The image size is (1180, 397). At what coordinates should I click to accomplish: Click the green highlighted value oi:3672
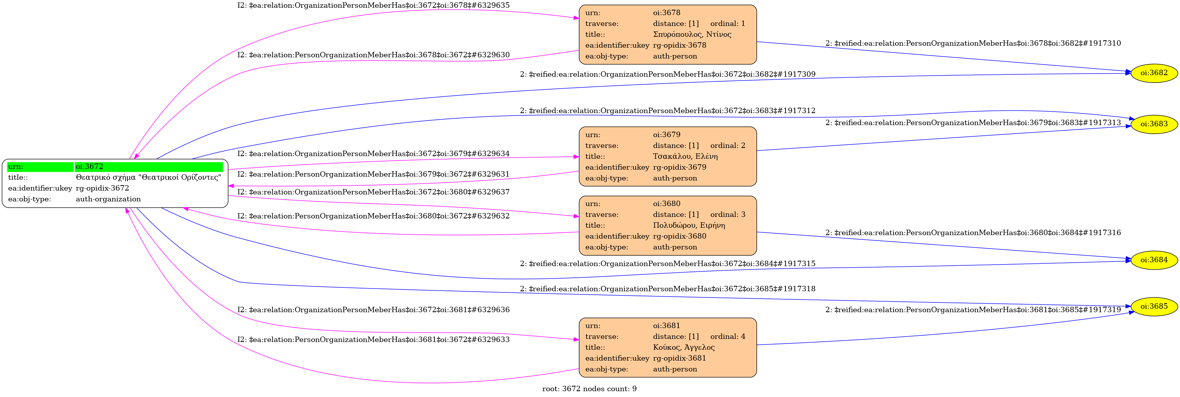[x=89, y=167]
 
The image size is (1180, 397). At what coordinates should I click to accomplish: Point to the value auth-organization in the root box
[x=108, y=199]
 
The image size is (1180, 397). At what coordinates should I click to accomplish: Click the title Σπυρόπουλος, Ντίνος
[x=692, y=34]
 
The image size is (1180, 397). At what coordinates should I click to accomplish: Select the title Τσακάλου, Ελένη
[x=685, y=156]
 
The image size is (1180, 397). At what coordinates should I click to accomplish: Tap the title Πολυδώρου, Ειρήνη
[x=689, y=225]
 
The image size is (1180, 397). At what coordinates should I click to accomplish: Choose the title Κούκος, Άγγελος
[x=683, y=347]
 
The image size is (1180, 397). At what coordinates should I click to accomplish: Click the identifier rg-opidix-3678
[x=679, y=45]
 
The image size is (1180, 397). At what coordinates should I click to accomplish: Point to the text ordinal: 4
[x=727, y=337]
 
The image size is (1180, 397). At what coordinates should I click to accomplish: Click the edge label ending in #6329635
[x=373, y=5]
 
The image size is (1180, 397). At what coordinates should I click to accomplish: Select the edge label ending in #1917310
[x=973, y=43]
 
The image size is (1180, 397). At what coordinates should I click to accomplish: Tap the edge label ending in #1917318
[x=667, y=289]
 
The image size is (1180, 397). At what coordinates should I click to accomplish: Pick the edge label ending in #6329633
[x=373, y=340]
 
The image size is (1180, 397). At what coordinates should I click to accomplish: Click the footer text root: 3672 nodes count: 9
[x=589, y=389]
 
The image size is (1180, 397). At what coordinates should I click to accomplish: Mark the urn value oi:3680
[x=667, y=204]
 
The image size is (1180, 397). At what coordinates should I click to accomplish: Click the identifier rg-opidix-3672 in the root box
[x=102, y=188]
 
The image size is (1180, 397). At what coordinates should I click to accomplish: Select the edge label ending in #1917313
[x=973, y=123]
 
